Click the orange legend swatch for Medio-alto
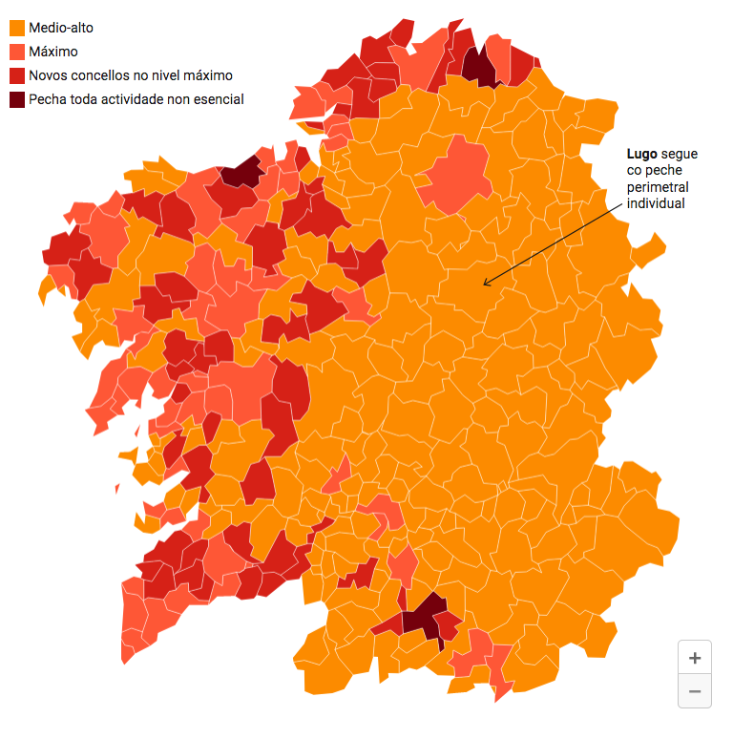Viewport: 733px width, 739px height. pyautogui.click(x=16, y=29)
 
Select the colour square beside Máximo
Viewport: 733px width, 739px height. pyautogui.click(x=16, y=52)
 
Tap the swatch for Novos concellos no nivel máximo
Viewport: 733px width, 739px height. pyautogui.click(x=16, y=75)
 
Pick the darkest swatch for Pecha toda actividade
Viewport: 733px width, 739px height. pyautogui.click(x=16, y=99)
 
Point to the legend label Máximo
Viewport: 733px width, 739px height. pyautogui.click(x=53, y=52)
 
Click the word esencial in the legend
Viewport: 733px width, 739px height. pyautogui.click(x=216, y=99)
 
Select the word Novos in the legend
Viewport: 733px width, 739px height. pyautogui.click(x=48, y=75)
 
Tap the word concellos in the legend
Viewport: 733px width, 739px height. pyautogui.click(x=101, y=75)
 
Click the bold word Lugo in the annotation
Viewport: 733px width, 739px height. pyautogui.click(x=641, y=153)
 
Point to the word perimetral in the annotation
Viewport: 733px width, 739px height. pyautogui.click(x=657, y=187)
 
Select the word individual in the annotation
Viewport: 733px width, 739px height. pyautogui.click(x=656, y=204)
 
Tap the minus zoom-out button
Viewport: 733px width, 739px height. pyautogui.click(x=694, y=691)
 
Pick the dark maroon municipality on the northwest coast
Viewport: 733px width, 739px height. pyautogui.click(x=241, y=173)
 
